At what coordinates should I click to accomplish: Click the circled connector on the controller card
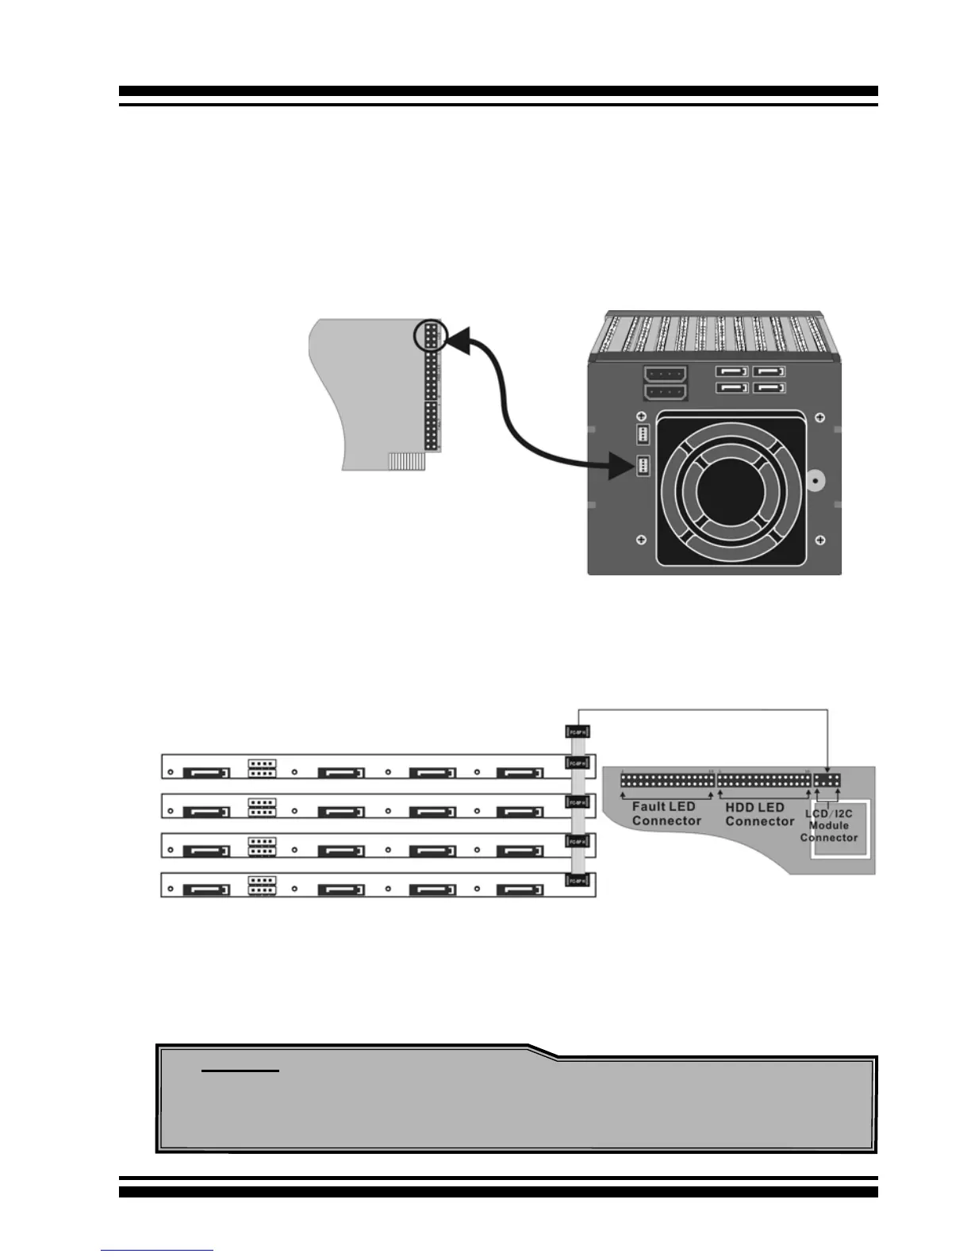(432, 336)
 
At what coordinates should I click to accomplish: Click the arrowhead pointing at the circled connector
(456, 341)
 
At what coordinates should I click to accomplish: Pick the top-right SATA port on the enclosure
(768, 371)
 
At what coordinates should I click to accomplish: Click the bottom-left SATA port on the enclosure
(732, 388)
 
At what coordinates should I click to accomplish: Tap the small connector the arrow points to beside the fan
(642, 467)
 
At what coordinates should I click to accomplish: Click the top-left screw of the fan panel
(641, 417)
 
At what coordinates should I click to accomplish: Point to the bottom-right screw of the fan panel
(819, 540)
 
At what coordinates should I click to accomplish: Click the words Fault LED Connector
(666, 813)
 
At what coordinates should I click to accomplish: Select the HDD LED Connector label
(759, 813)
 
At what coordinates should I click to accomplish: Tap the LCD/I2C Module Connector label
(829, 825)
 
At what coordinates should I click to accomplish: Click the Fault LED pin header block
(666, 780)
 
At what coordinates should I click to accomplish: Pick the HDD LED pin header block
(764, 780)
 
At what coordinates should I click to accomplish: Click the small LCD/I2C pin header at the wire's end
(827, 780)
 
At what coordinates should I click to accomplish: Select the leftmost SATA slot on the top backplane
(205, 772)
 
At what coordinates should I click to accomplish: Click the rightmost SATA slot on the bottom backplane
(520, 890)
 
